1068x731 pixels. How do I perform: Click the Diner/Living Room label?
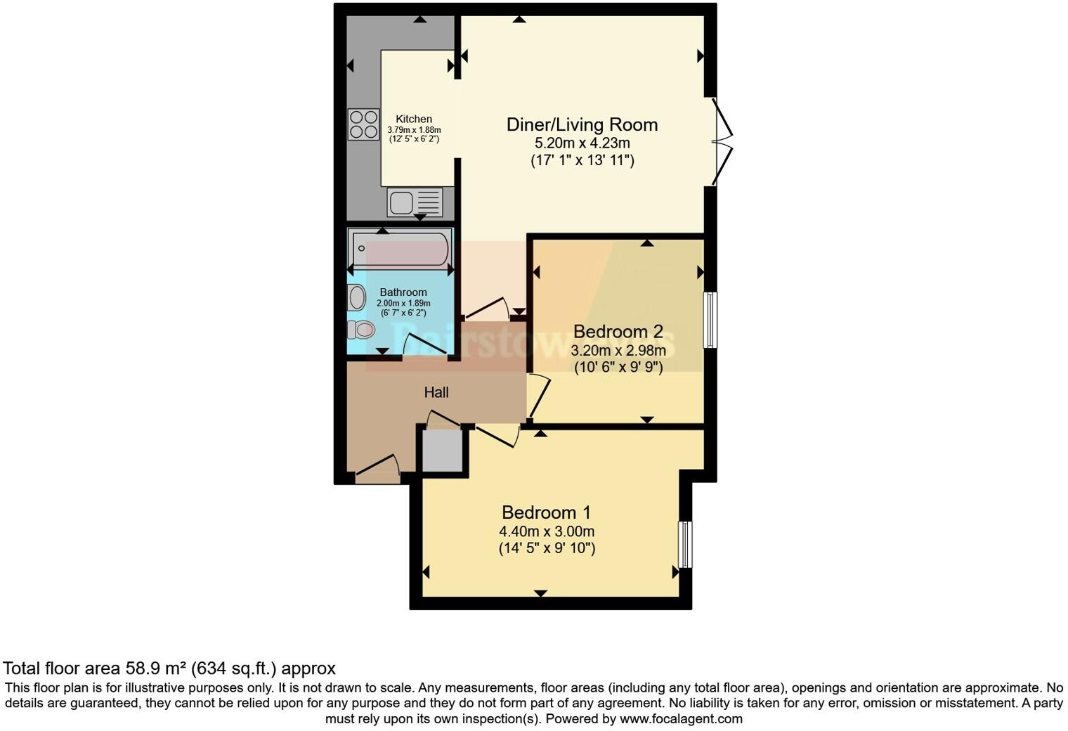582,125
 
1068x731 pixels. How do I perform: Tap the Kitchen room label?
414,119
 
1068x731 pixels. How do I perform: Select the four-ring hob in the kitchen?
363,124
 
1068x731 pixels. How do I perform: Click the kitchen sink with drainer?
415,202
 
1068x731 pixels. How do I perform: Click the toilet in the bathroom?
361,328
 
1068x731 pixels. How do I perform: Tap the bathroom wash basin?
357,297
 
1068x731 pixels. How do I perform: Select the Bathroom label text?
403,292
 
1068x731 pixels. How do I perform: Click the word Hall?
436,392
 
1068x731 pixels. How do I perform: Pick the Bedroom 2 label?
618,331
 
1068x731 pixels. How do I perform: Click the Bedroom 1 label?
547,512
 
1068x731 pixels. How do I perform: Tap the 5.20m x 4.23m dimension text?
582,143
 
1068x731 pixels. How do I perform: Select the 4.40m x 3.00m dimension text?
547,531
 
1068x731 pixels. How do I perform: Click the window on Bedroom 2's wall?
710,320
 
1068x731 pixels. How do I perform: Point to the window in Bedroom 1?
685,545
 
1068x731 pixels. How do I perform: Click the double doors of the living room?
722,141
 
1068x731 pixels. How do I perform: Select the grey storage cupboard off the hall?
442,451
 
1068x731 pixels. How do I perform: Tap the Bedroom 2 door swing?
538,398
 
